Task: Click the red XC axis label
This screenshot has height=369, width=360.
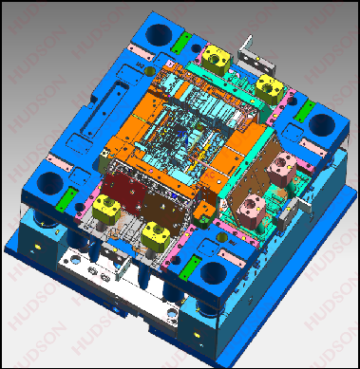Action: tap(208, 175)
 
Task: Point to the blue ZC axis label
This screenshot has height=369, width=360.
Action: tap(181, 134)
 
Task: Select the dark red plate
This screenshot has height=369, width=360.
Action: tap(123, 191)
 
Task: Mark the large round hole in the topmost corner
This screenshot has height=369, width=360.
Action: tap(159, 33)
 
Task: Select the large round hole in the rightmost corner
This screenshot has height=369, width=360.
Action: tap(322, 123)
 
